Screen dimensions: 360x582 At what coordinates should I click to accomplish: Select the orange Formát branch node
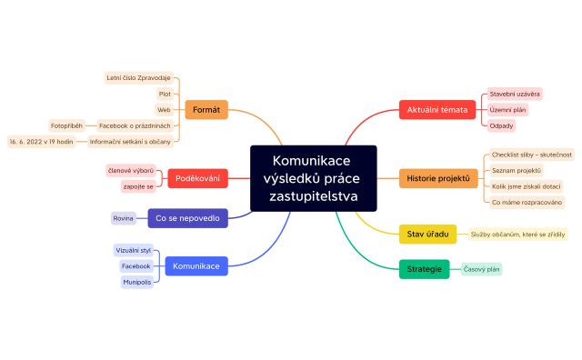click(x=206, y=110)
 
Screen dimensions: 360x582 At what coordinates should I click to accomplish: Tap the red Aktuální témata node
click(x=436, y=110)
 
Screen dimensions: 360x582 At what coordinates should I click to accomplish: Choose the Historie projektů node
click(x=438, y=178)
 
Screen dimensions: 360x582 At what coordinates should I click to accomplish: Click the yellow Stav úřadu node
click(x=427, y=234)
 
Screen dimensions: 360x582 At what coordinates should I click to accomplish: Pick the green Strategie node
click(x=424, y=269)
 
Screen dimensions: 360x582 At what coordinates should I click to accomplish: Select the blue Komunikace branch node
click(x=196, y=266)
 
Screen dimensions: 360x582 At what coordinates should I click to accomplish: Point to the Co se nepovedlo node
click(x=186, y=218)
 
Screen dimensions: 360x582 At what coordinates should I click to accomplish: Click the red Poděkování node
click(x=197, y=178)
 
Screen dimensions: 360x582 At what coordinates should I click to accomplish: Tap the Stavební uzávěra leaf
click(x=515, y=94)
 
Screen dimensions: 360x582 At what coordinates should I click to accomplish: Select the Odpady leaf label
click(x=500, y=125)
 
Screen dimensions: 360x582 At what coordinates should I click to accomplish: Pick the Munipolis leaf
click(x=136, y=283)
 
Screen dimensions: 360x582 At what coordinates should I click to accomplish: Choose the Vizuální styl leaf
click(x=134, y=250)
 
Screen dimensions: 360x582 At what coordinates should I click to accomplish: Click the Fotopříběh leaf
click(x=67, y=125)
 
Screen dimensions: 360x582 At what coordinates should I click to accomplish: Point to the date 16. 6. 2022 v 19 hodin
click(x=42, y=142)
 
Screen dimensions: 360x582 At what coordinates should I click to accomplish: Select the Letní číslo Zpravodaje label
click(x=138, y=78)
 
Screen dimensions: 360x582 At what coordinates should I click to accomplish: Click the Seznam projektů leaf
click(x=516, y=170)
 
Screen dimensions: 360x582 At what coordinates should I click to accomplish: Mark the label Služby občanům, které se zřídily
click(x=517, y=234)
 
